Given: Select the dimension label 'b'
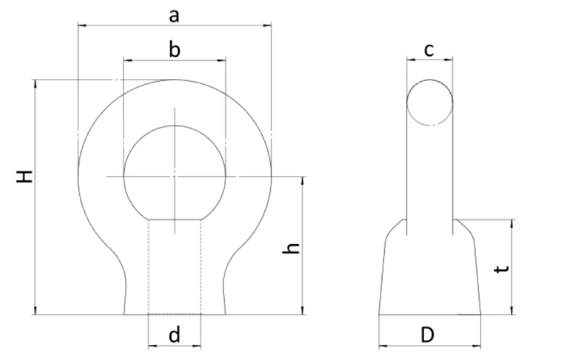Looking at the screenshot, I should click(174, 49).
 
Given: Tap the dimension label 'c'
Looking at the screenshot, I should click(429, 49).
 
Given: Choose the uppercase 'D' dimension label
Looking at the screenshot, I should click(428, 335).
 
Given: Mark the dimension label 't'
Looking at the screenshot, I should click(503, 268).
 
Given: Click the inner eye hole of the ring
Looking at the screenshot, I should click(174, 173).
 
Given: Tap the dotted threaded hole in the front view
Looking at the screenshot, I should click(174, 266).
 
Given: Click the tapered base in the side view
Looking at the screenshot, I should click(430, 274).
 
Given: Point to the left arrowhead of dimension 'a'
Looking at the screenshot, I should click(81, 26).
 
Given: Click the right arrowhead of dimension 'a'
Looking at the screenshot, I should click(268, 26).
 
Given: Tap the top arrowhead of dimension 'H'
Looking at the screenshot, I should click(35, 84).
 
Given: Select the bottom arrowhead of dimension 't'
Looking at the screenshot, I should click(512, 311).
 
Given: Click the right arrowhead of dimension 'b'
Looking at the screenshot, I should click(222, 60).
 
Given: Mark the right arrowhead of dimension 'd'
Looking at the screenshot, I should click(198, 346).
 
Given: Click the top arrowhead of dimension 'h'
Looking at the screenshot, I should click(303, 180).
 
